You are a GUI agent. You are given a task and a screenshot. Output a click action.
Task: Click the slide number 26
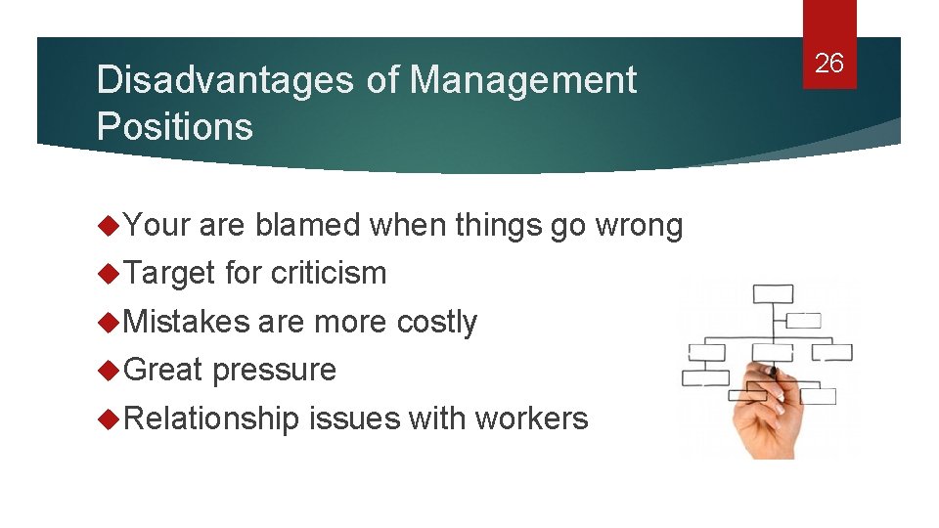click(828, 64)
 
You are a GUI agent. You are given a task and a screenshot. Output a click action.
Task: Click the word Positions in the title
click(174, 127)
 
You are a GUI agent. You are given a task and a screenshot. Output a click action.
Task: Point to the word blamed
click(307, 225)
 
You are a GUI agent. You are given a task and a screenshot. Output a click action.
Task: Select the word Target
click(169, 273)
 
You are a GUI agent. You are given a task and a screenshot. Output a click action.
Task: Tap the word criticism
click(329, 273)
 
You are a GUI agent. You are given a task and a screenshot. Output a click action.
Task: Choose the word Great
click(163, 370)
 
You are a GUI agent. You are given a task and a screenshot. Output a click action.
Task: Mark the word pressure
click(274, 370)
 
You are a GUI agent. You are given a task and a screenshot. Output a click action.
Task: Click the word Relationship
click(211, 418)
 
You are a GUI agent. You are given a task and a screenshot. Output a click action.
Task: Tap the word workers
click(531, 418)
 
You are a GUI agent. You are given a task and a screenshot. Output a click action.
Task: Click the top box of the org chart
click(774, 293)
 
